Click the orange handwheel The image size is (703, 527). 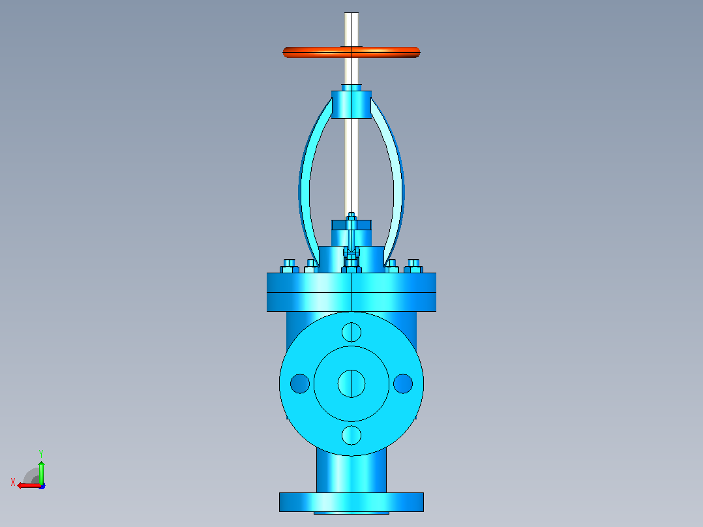point(351,52)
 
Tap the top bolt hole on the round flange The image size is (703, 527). point(351,333)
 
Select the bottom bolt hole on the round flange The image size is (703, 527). point(351,435)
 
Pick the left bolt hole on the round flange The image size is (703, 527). point(300,384)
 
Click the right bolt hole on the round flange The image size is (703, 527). point(403,384)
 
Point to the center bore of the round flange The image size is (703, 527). point(351,384)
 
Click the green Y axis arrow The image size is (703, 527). point(41,472)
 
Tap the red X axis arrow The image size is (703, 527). point(29,485)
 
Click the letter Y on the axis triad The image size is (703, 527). point(41,453)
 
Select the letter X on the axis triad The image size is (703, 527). point(13,482)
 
